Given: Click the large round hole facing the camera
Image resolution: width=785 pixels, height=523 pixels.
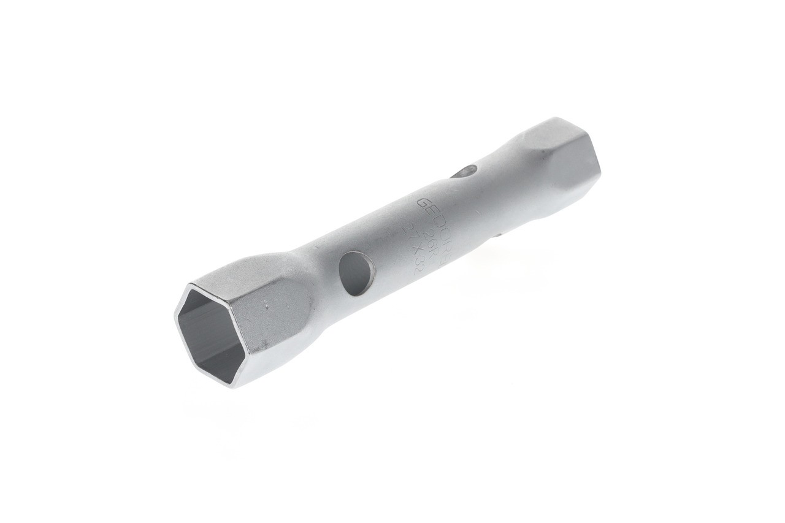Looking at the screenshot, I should [356, 273].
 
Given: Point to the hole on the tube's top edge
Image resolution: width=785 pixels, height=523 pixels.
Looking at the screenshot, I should [464, 171].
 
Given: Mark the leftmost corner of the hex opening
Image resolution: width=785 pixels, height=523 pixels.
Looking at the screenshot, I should [178, 316].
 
